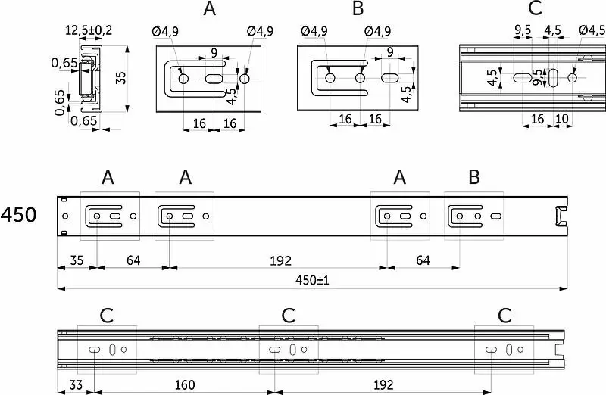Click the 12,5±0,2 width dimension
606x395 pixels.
(89, 30)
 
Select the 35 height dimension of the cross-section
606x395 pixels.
(121, 78)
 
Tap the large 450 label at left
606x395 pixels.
(18, 215)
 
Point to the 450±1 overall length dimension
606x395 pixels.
(312, 280)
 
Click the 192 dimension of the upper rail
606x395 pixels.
(280, 261)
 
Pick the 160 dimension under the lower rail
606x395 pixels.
(185, 385)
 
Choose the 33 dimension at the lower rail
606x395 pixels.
(76, 385)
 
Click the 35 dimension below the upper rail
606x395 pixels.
(77, 260)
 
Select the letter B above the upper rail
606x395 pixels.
(474, 177)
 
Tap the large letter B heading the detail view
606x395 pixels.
(358, 8)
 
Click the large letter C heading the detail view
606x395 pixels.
(535, 8)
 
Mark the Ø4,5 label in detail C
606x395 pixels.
(592, 30)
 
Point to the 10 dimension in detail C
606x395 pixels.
(562, 119)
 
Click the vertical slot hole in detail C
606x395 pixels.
(554, 78)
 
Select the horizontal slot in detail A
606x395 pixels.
(214, 79)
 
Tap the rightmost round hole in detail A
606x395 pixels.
(244, 79)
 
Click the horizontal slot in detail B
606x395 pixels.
(390, 78)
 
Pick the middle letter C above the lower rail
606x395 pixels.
(289, 316)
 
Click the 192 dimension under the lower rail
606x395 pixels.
(383, 385)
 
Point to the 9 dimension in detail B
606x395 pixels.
(390, 51)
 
